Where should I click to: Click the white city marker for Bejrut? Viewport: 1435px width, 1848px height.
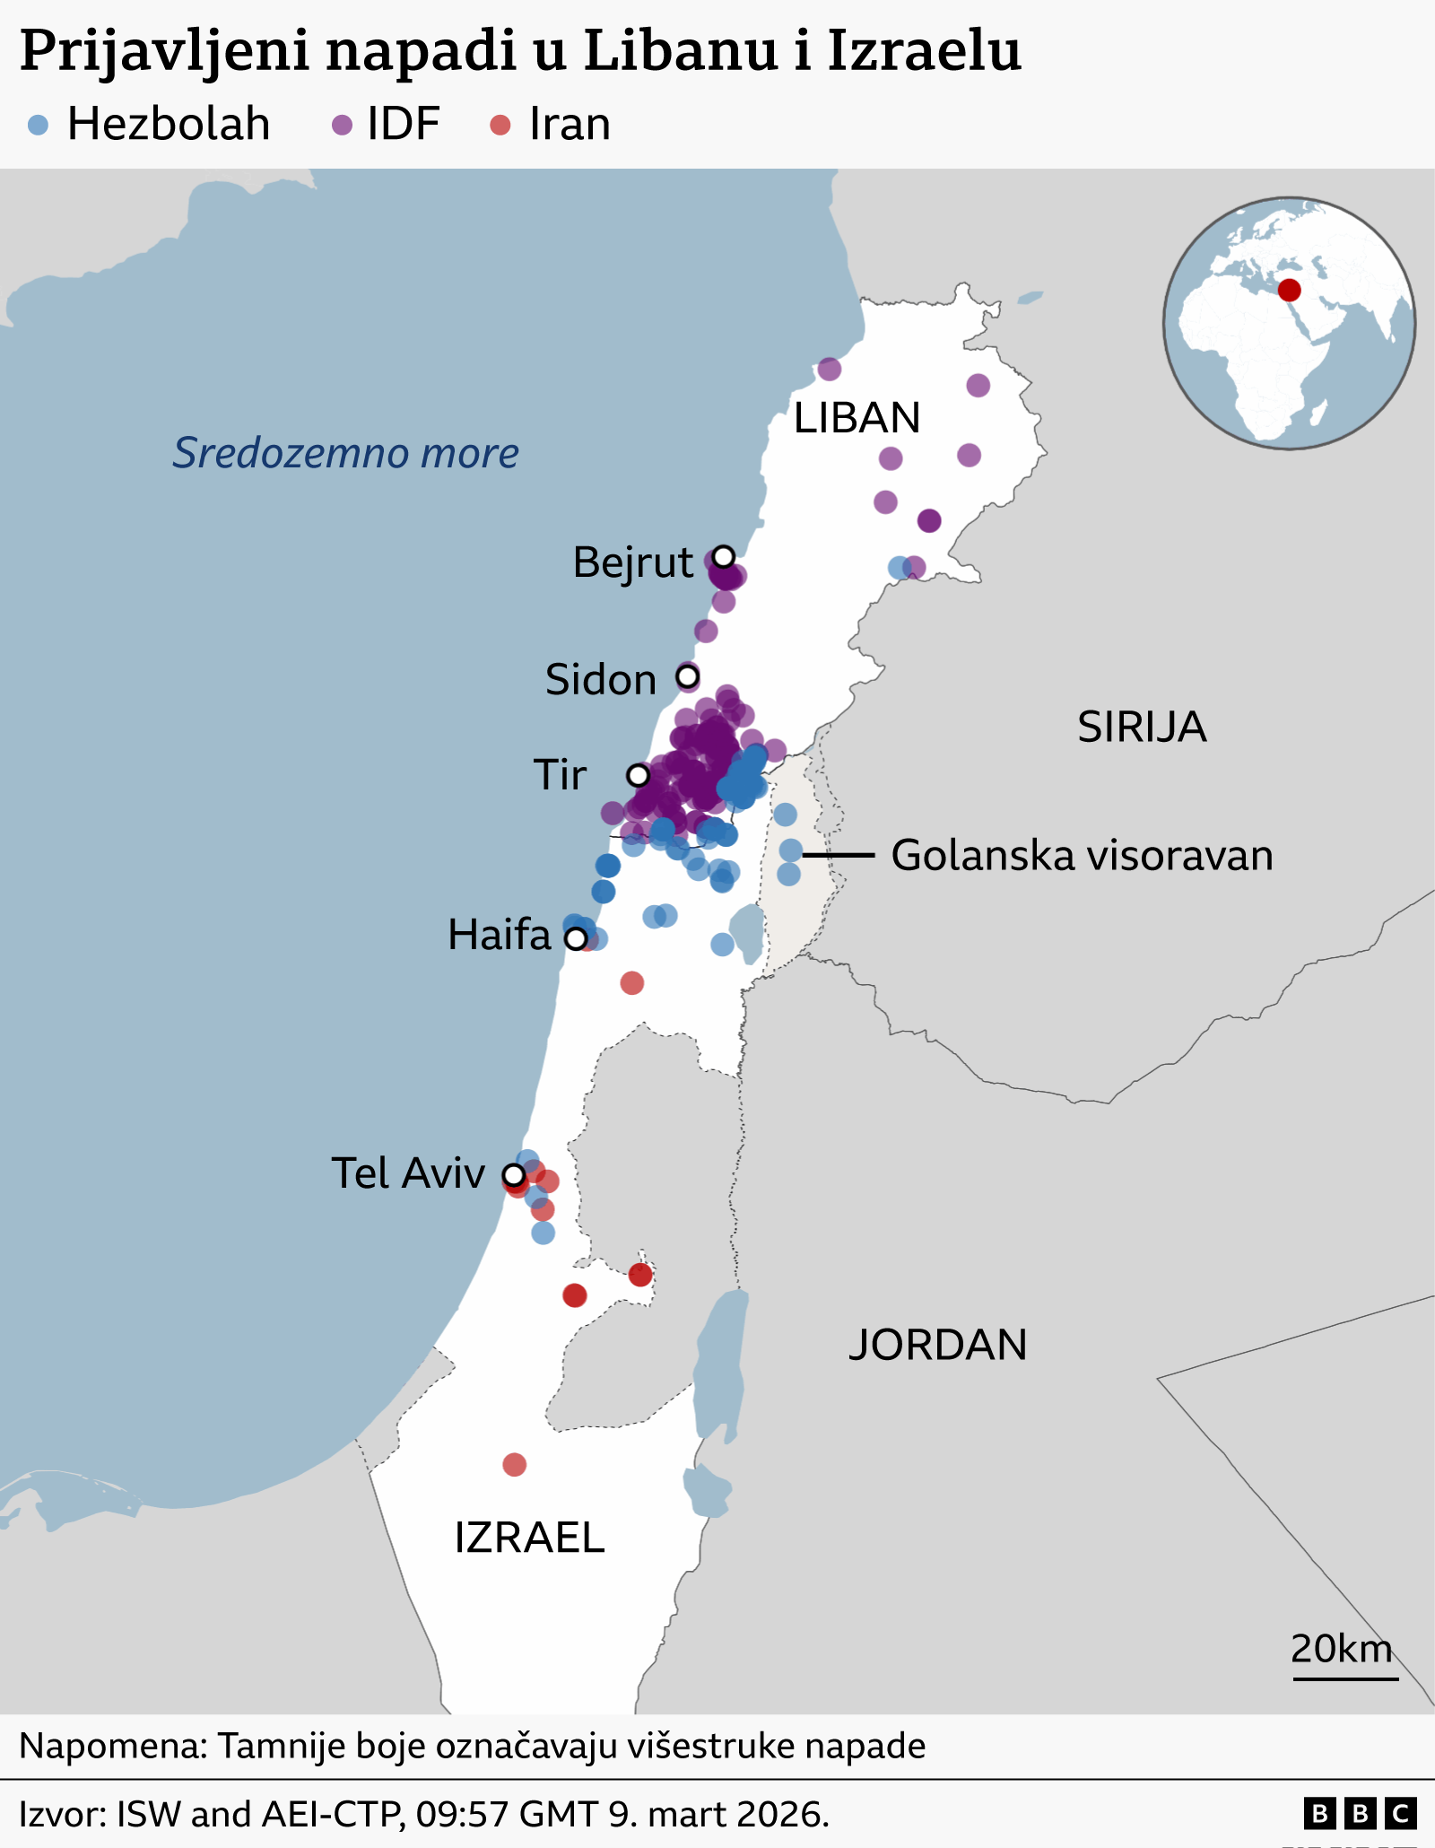point(724,556)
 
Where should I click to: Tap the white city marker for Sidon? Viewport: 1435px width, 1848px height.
point(687,676)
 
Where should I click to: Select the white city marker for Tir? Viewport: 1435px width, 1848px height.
point(638,774)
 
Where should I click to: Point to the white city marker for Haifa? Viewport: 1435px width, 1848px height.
point(576,938)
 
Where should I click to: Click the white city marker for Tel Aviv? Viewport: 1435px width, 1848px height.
point(514,1174)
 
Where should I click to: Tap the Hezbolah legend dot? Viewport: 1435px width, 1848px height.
point(38,125)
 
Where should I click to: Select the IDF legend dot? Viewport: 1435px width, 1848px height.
point(342,125)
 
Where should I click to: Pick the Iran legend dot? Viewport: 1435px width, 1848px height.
point(500,125)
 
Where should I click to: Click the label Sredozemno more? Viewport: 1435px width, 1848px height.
point(345,453)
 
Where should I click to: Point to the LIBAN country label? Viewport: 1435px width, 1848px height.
point(857,418)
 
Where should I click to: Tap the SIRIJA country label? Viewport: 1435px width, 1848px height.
point(1141,727)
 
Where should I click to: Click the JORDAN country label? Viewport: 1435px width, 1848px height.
point(937,1345)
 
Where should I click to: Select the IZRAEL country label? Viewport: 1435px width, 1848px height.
point(529,1538)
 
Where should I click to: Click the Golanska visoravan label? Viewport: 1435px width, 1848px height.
point(1082,855)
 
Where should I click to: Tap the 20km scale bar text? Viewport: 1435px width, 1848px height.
point(1341,1648)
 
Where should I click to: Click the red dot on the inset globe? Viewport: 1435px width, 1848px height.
point(1289,290)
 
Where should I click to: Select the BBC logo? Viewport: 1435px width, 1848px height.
point(1360,1814)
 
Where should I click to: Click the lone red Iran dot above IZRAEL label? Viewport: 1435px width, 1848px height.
point(514,1465)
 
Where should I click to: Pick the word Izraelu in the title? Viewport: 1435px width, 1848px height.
point(924,51)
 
